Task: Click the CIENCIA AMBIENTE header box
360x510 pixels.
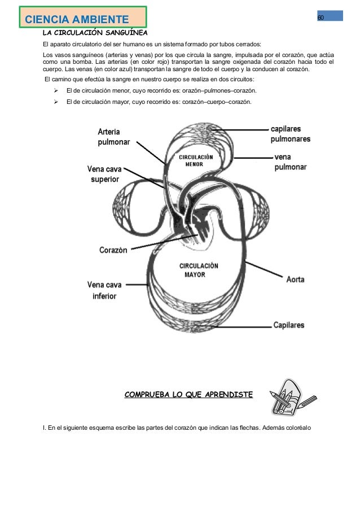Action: tap(82, 19)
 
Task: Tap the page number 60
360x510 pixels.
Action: tap(320, 17)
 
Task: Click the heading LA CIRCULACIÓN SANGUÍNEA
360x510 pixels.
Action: tap(95, 33)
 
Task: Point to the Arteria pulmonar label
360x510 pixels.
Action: tap(113, 137)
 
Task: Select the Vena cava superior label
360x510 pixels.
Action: tap(105, 173)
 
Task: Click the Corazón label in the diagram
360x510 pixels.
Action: tap(113, 250)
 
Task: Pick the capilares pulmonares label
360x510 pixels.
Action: tap(290, 133)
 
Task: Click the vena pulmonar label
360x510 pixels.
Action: tap(290, 162)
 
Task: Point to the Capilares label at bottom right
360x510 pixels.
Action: tap(289, 325)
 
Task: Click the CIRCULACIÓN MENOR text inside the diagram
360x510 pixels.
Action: tap(195, 160)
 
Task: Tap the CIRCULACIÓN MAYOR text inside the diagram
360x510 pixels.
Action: tap(199, 270)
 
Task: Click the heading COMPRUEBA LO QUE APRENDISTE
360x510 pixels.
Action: tap(188, 394)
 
